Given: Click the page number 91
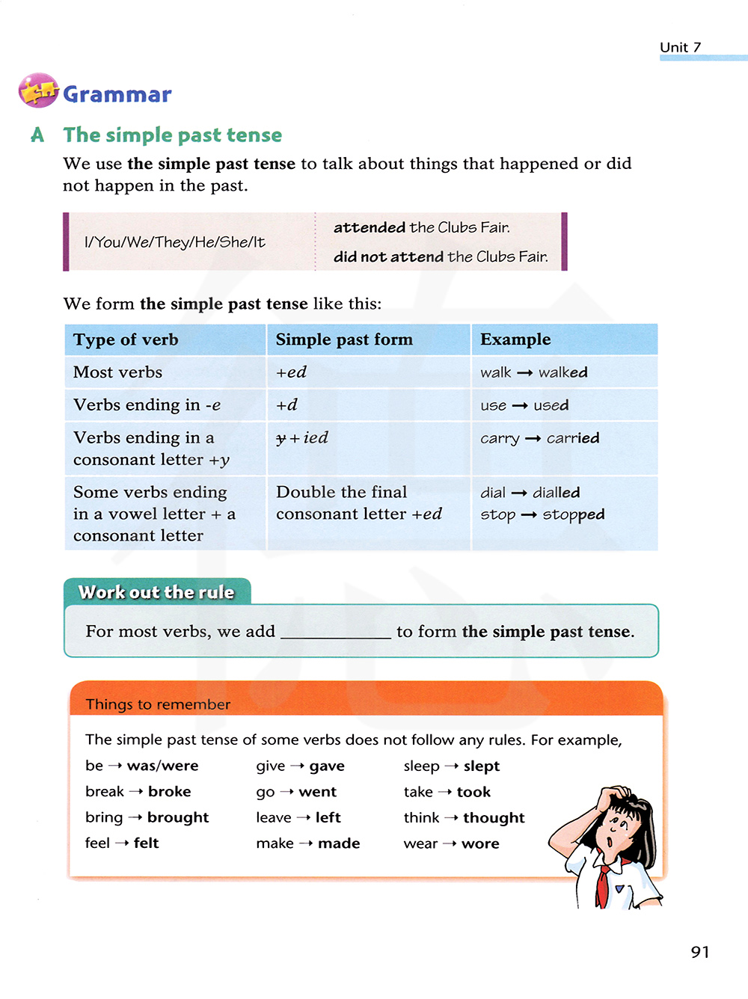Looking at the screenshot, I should [x=699, y=952].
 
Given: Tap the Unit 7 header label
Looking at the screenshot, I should [x=680, y=47].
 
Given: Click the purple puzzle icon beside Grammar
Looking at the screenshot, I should [x=38, y=90].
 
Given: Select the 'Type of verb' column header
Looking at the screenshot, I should [x=126, y=339].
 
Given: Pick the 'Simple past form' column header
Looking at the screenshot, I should [x=344, y=339].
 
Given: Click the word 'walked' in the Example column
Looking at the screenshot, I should [x=563, y=372].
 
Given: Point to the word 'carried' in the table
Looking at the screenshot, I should [x=573, y=438].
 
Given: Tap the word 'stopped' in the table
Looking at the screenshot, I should [x=574, y=515].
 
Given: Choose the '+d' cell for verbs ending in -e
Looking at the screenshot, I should [x=286, y=405].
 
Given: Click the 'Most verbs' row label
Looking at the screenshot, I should [x=117, y=372].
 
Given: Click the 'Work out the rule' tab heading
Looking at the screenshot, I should [x=156, y=592].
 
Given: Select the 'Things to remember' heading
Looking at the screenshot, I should [x=158, y=704].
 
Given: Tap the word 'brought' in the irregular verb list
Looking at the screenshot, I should [x=178, y=817].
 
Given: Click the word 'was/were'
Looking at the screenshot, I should [x=162, y=766].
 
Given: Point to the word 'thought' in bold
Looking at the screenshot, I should [x=494, y=818].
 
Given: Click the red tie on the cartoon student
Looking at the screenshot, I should [x=602, y=886].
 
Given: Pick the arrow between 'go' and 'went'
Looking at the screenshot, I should [x=286, y=792].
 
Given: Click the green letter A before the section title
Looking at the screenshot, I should [x=37, y=135].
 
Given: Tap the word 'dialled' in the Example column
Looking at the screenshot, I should [x=556, y=493].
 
